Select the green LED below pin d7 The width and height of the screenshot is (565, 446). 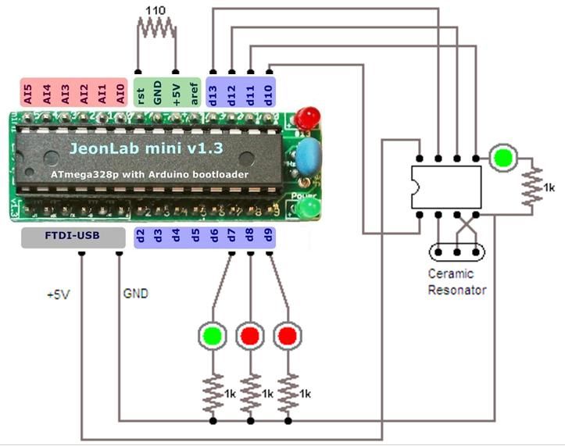click(x=213, y=336)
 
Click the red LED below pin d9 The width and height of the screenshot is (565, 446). click(x=288, y=336)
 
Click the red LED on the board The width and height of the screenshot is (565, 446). click(x=309, y=117)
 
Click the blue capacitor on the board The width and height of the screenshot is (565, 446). click(x=305, y=156)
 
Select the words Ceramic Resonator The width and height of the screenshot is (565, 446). click(x=457, y=282)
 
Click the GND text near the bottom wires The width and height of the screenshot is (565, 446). click(x=136, y=294)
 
